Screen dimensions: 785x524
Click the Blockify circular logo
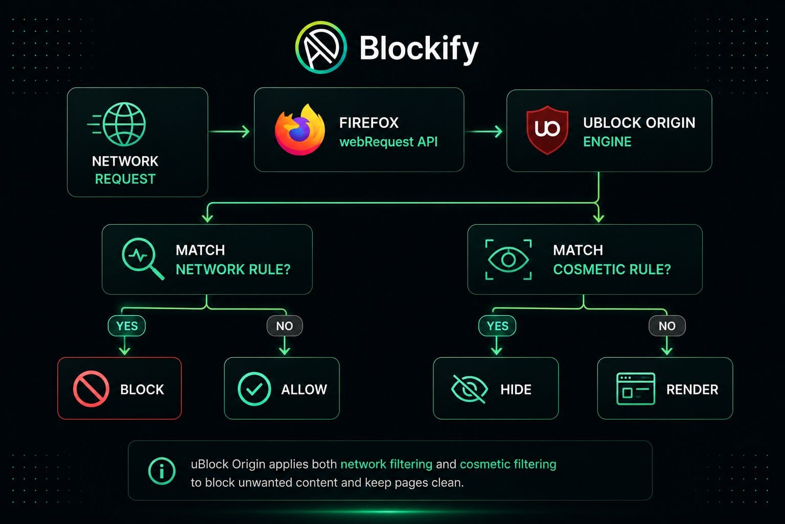click(x=320, y=48)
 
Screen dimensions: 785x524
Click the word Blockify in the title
click(x=419, y=49)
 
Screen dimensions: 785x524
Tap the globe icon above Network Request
click(x=124, y=124)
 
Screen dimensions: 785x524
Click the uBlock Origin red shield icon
click(x=547, y=130)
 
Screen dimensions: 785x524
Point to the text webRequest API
click(x=388, y=142)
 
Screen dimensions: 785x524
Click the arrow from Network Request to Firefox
click(x=229, y=132)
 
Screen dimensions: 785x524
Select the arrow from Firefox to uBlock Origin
click(x=484, y=132)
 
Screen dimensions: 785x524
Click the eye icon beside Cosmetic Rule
click(x=508, y=260)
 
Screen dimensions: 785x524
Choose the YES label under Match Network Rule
click(x=127, y=325)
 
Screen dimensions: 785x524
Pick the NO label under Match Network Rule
click(x=284, y=326)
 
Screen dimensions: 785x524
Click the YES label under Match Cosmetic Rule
click(x=497, y=325)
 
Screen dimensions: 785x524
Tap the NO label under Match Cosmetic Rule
click(x=667, y=326)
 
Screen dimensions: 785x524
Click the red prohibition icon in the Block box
click(x=91, y=389)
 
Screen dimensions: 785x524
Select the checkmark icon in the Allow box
click(x=254, y=389)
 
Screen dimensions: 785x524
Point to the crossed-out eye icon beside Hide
click(x=469, y=389)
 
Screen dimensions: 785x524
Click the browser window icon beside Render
click(x=635, y=389)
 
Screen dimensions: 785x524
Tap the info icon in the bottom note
click(x=161, y=471)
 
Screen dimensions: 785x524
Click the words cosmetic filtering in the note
click(x=508, y=464)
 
